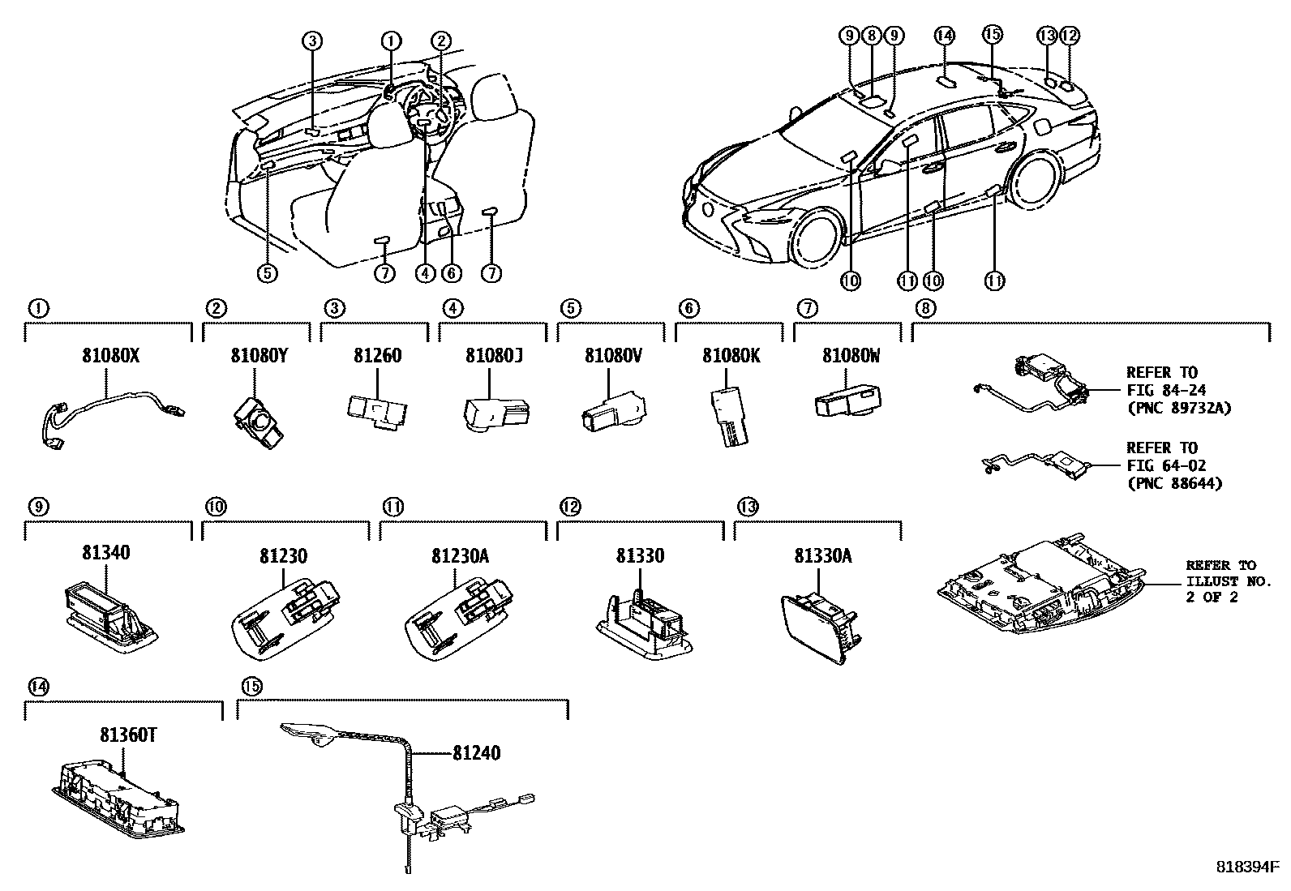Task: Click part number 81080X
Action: [x=110, y=355]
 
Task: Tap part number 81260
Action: [x=377, y=355]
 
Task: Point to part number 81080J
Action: [x=490, y=355]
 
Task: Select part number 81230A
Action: [x=459, y=556]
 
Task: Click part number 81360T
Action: [x=128, y=735]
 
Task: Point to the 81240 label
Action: [x=476, y=753]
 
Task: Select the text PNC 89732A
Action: [x=1178, y=408]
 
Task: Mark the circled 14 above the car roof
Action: [x=943, y=35]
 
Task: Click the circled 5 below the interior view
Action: [x=268, y=273]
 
